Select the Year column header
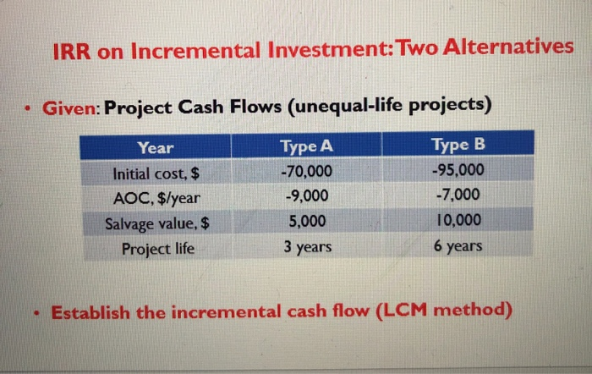point(156,148)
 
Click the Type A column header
point(306,146)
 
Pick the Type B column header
point(458,145)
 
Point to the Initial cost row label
point(156,174)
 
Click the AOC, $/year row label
point(156,200)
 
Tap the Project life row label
point(157,250)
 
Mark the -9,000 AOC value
point(306,197)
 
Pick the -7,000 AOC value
point(458,195)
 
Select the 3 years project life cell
point(306,247)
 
